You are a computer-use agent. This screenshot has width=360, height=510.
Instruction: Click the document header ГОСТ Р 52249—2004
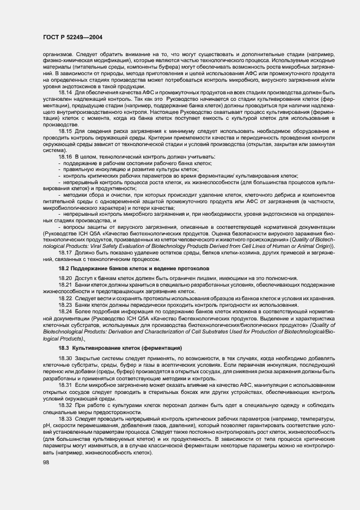pos(72,37)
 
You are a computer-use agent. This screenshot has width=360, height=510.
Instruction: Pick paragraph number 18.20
pos(65,279)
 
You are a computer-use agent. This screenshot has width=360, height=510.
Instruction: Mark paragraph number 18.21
pos(65,285)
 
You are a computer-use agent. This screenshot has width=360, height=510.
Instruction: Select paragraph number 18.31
pos(65,385)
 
